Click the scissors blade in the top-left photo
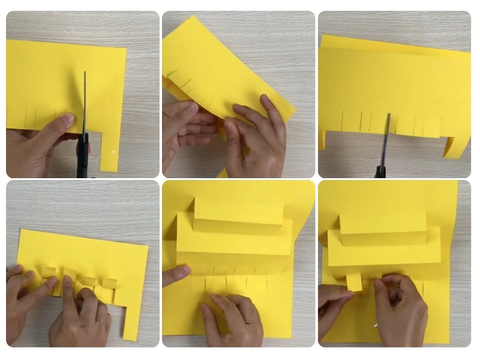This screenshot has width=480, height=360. [85, 102]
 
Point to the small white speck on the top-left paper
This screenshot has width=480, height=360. [113, 153]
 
